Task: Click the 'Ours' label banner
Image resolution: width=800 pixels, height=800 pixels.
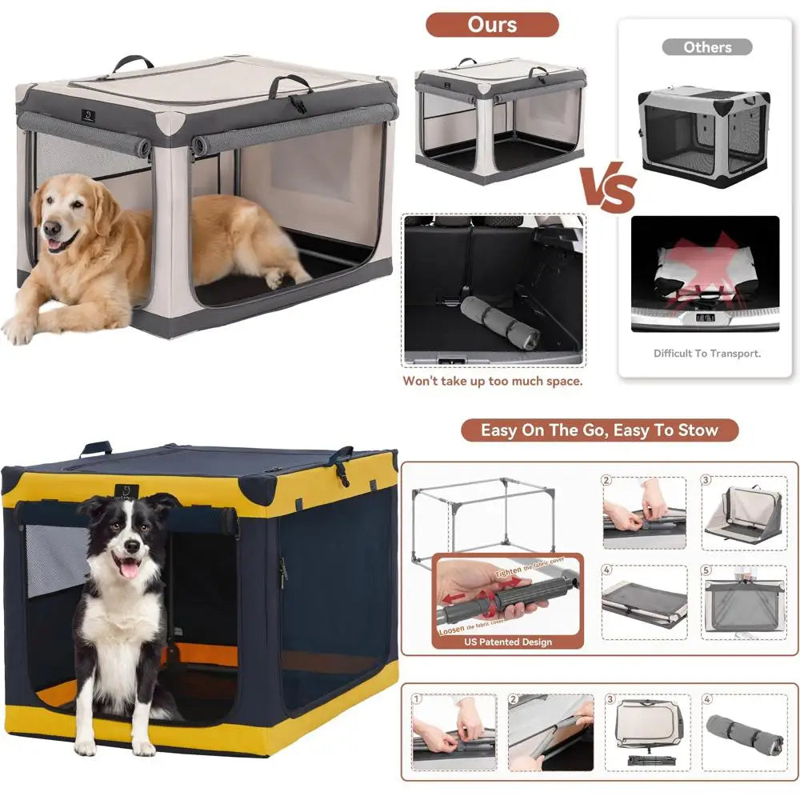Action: point(492,24)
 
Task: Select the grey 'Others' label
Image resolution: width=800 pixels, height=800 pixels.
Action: point(706,47)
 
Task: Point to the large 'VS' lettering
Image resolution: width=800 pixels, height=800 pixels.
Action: point(608,190)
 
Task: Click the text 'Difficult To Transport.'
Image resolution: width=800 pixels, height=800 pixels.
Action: point(706,353)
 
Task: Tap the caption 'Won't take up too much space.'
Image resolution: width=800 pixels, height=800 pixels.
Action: point(492,382)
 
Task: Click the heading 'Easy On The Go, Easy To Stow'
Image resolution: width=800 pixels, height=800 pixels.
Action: point(599,430)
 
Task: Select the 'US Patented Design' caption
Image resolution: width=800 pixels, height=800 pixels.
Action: point(508,642)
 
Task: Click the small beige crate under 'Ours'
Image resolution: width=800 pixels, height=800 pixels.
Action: point(500,120)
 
